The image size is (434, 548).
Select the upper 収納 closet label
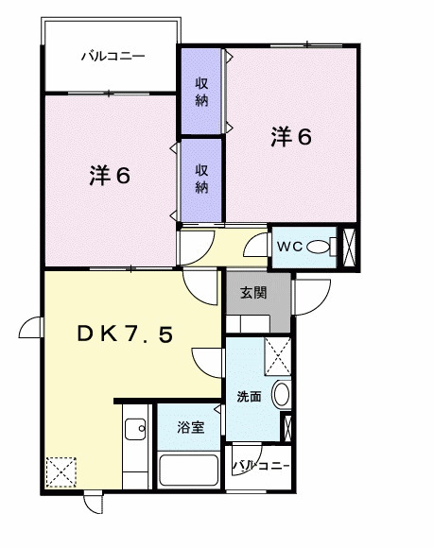click(x=201, y=92)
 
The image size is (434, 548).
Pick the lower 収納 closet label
click(x=201, y=177)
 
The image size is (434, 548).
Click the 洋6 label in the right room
click(x=291, y=137)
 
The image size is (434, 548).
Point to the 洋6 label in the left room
click(x=110, y=177)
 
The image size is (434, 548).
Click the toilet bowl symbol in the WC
click(x=321, y=247)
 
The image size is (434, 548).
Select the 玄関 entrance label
click(x=252, y=293)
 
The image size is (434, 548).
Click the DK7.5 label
click(x=125, y=334)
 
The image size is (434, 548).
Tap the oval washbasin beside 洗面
click(x=280, y=395)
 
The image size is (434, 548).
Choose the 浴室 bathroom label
click(x=190, y=428)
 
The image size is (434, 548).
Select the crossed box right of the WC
click(x=348, y=246)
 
